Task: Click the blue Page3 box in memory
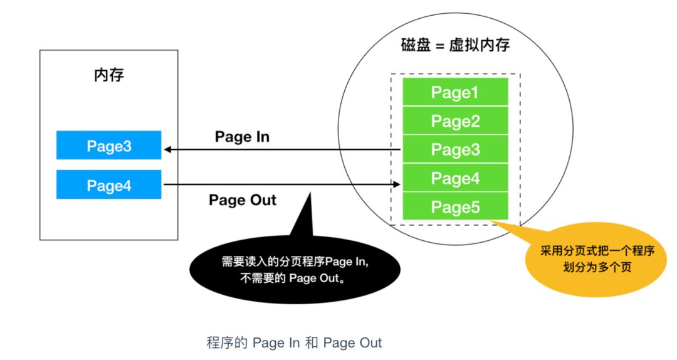coord(108,146)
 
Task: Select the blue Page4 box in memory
coord(108,185)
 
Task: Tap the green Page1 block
coord(455,93)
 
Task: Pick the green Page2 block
coord(455,121)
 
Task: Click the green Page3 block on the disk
coord(455,150)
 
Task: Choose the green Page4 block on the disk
coord(455,178)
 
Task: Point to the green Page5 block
coord(455,206)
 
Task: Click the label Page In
coord(242,137)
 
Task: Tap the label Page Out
coord(242,201)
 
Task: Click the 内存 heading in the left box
coord(108,76)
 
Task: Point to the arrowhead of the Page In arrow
coord(167,150)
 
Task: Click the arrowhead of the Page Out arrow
coord(397,184)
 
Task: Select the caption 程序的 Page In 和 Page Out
coord(294,343)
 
